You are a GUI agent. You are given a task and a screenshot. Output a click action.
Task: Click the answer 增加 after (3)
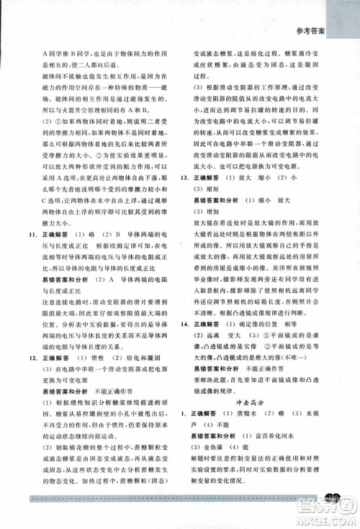tap(215, 214)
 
